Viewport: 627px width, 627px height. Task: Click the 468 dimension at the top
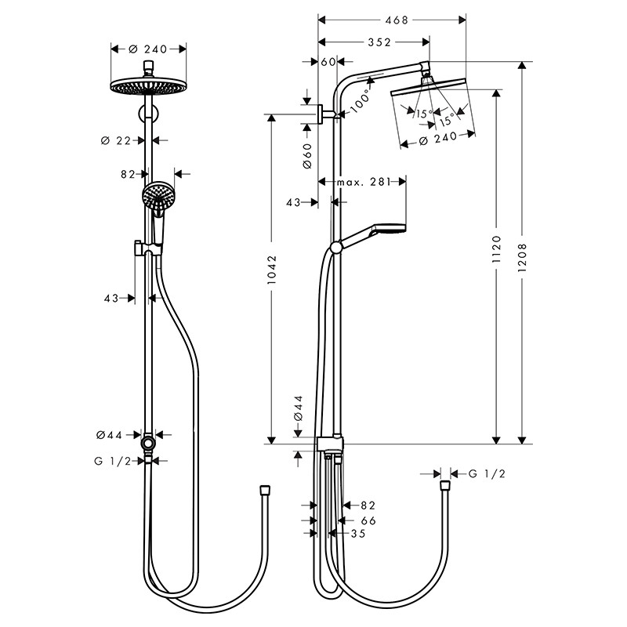point(397,20)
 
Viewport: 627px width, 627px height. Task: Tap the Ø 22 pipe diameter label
point(116,140)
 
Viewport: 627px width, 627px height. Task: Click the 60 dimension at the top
point(328,61)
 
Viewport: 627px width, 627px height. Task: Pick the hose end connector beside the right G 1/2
point(445,486)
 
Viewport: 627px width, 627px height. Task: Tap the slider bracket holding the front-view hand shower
point(143,249)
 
